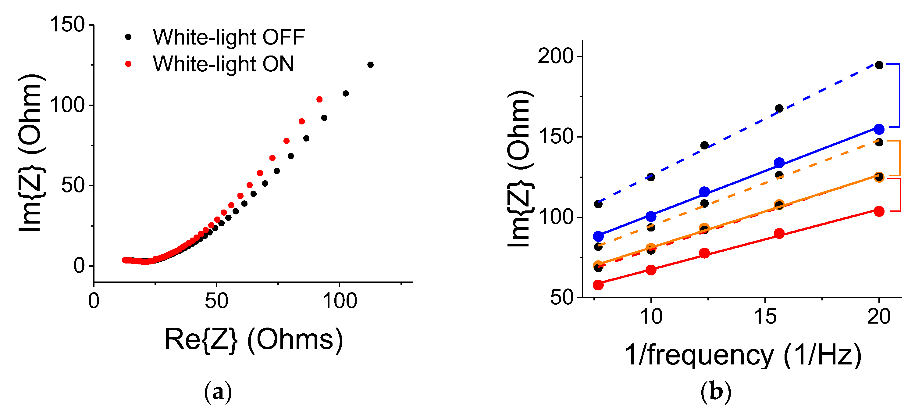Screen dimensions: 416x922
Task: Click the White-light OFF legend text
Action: (228, 37)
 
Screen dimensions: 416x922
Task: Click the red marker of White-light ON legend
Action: (128, 64)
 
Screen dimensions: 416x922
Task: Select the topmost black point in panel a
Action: (370, 65)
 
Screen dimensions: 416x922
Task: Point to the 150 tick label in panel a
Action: (67, 25)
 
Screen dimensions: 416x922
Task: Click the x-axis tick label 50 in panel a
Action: (216, 301)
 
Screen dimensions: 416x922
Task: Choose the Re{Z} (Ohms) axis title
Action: (253, 339)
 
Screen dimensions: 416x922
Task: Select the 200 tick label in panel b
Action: (556, 56)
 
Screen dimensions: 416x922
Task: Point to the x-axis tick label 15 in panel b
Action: (765, 317)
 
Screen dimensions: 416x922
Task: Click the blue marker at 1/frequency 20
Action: (879, 129)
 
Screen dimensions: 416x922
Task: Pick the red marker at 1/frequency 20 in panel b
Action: (879, 211)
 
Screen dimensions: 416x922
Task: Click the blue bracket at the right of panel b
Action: (899, 95)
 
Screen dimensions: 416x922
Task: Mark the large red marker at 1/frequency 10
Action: (651, 270)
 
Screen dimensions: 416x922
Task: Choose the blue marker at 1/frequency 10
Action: (651, 216)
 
